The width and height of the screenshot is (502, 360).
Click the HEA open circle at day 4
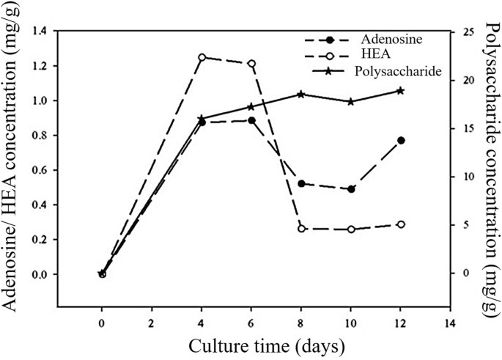(202, 57)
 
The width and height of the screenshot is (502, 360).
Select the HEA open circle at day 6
(251, 64)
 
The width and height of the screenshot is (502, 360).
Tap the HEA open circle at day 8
(301, 229)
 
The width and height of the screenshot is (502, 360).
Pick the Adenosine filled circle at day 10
(351, 189)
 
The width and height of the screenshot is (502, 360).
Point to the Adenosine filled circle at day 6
(251, 120)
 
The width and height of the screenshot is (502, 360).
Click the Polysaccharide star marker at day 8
(301, 94)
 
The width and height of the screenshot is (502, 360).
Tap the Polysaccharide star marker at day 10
(351, 101)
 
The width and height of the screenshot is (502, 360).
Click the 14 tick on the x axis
(449, 322)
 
